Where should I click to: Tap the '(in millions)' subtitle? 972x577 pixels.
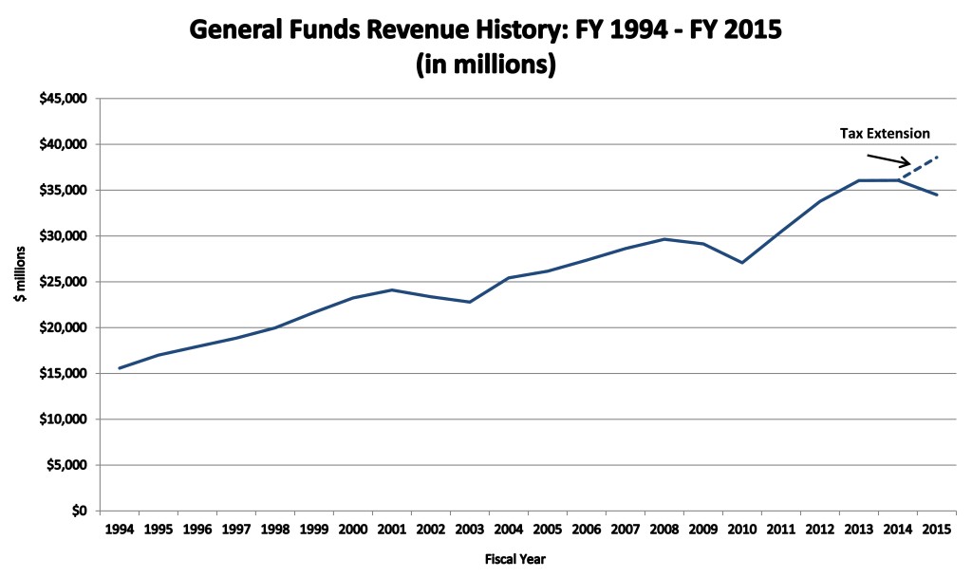tap(485, 65)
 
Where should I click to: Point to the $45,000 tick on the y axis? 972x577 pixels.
tap(64, 99)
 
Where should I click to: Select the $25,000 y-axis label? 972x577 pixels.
tap(64, 282)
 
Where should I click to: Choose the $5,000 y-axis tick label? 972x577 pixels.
tap(66, 465)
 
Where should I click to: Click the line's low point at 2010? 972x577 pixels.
tap(741, 263)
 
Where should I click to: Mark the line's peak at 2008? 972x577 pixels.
tap(664, 239)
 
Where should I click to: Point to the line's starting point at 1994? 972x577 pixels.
tap(120, 368)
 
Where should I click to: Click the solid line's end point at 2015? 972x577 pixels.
tap(936, 195)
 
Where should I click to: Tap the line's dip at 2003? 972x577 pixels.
tap(469, 302)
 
